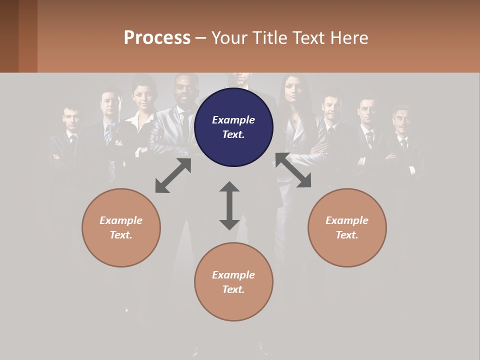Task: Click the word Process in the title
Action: (x=157, y=38)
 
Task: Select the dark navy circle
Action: (x=233, y=127)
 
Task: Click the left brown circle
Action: (x=121, y=227)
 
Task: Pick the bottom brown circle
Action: (x=233, y=281)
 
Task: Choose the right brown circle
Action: (x=347, y=227)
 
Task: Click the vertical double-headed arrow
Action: (x=229, y=205)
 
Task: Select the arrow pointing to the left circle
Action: (x=173, y=175)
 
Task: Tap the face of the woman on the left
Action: (x=143, y=95)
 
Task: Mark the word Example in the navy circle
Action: (x=233, y=120)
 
